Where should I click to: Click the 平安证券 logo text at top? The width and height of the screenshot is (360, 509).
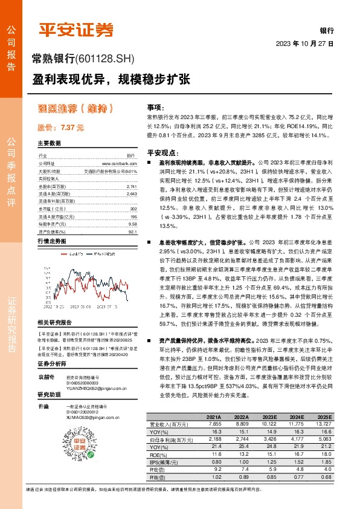(x=76, y=30)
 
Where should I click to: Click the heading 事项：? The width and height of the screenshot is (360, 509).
(x=155, y=106)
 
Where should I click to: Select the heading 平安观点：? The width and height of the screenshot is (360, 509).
(x=159, y=153)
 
